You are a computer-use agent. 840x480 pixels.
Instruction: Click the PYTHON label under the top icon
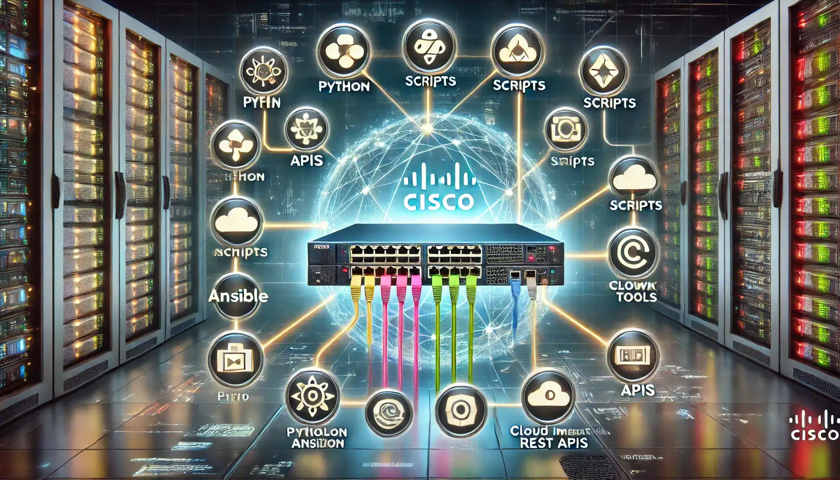pyautogui.click(x=344, y=86)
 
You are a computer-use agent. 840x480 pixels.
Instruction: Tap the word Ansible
pyautogui.click(x=238, y=296)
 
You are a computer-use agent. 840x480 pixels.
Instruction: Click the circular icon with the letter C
pyautogui.click(x=633, y=254)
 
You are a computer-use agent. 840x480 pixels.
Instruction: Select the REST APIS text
pyautogui.click(x=554, y=443)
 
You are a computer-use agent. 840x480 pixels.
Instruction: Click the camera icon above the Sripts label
pyautogui.click(x=566, y=130)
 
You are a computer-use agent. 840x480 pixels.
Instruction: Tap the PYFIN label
pyautogui.click(x=262, y=102)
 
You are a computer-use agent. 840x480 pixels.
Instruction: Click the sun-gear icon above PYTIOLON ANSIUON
pyautogui.click(x=313, y=397)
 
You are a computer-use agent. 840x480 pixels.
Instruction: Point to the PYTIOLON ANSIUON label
pyautogui.click(x=317, y=437)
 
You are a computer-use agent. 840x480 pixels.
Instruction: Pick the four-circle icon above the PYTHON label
pyautogui.click(x=344, y=51)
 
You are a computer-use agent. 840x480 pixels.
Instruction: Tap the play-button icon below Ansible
pyautogui.click(x=235, y=360)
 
